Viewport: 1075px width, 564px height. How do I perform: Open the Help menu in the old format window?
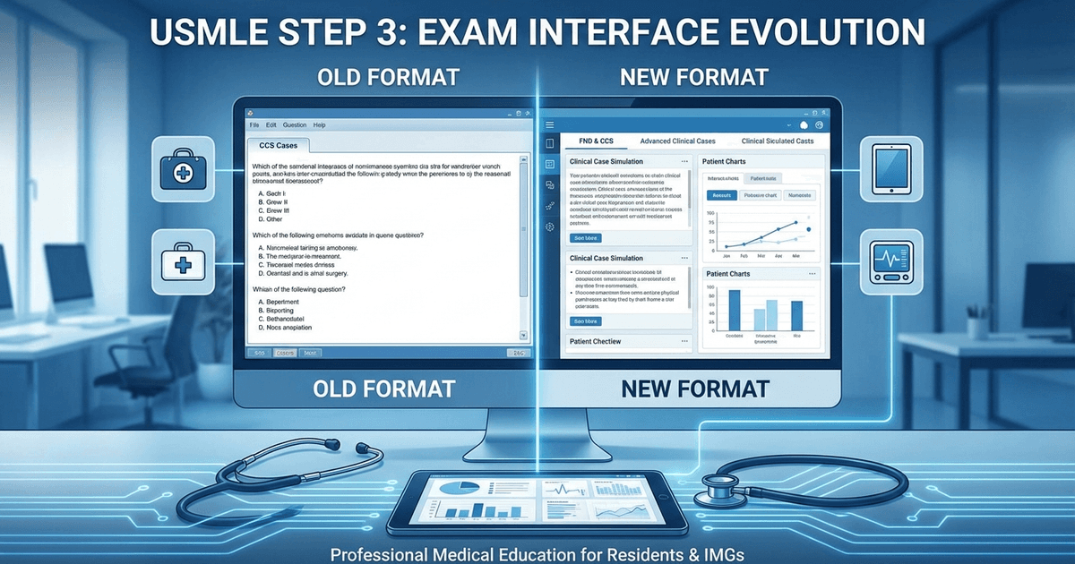(x=320, y=124)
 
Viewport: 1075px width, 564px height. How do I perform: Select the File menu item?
(x=254, y=124)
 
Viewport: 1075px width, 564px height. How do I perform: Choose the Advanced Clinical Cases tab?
(x=678, y=141)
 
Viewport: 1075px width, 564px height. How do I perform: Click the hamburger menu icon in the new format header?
(x=551, y=124)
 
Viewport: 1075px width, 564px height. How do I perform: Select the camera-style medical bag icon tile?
(x=184, y=167)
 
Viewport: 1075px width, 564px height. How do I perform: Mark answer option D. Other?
(x=270, y=218)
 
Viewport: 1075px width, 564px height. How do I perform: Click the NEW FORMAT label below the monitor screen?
(x=694, y=389)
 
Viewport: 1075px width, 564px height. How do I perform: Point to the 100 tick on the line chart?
(x=710, y=213)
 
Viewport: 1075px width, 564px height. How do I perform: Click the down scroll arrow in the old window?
(x=524, y=335)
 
